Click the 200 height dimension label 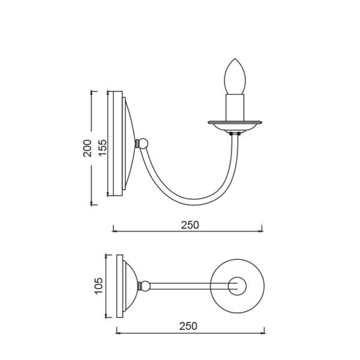87,148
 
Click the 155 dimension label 103,148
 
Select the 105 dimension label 99,286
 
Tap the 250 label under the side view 190,225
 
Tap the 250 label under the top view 188,326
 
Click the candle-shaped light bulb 235,76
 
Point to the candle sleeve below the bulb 235,107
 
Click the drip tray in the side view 235,126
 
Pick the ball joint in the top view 144,286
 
